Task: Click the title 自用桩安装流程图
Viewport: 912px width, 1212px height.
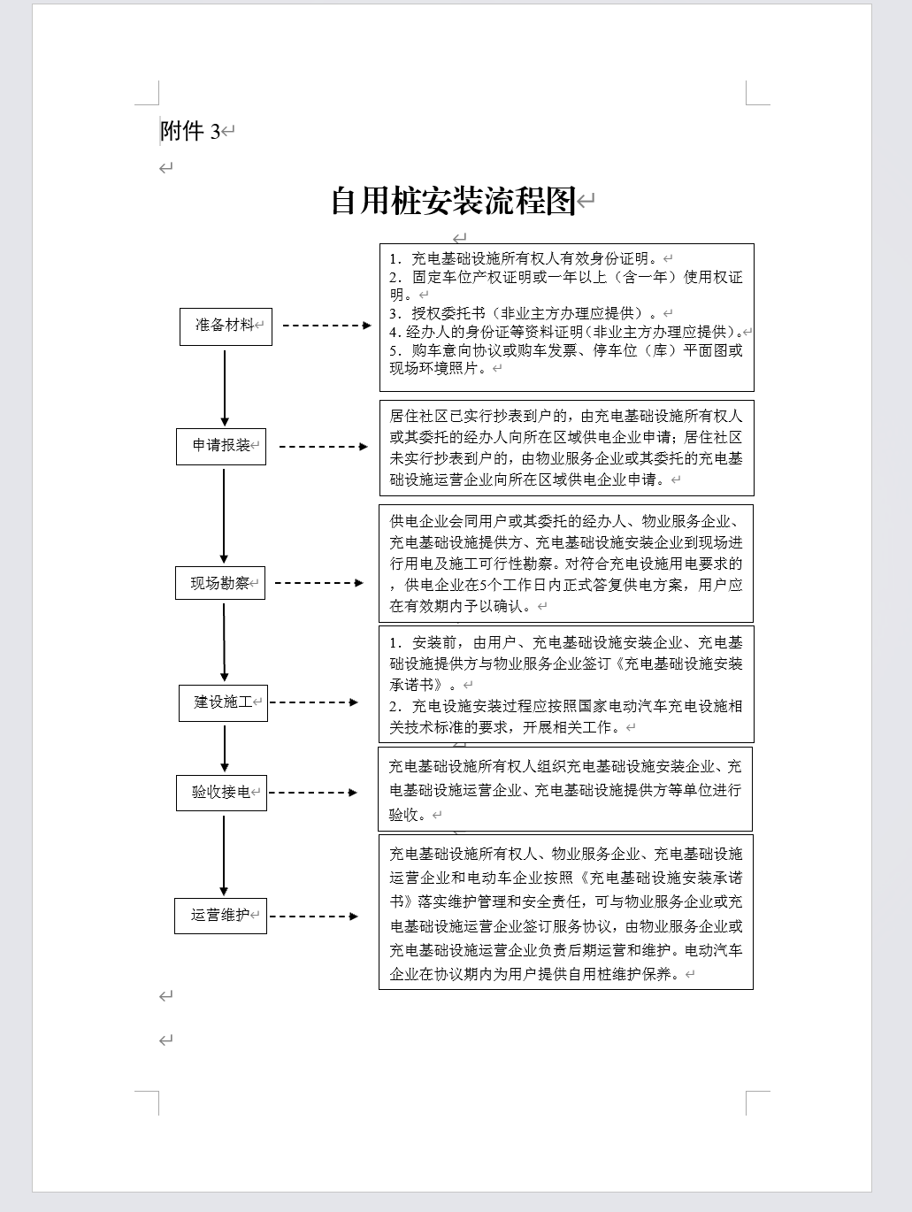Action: pyautogui.click(x=454, y=201)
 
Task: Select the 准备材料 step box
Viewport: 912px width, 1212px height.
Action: pyautogui.click(x=226, y=326)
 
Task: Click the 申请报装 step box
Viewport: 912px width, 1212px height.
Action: pyautogui.click(x=221, y=445)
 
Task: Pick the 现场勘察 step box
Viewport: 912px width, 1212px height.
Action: pyautogui.click(x=220, y=583)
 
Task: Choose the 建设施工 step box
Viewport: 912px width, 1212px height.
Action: pyautogui.click(x=223, y=702)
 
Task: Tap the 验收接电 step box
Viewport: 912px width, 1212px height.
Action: pyautogui.click(x=221, y=792)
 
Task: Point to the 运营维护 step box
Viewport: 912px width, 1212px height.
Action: pyautogui.click(x=220, y=915)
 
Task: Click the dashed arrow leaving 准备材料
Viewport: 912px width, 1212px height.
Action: pyautogui.click(x=326, y=326)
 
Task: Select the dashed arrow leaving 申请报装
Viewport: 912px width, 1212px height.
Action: pyautogui.click(x=323, y=446)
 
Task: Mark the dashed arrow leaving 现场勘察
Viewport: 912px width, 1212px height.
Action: pyautogui.click(x=318, y=583)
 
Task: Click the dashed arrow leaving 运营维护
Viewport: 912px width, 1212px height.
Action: pyautogui.click(x=313, y=916)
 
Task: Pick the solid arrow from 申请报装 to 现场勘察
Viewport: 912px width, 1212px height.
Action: pyautogui.click(x=224, y=516)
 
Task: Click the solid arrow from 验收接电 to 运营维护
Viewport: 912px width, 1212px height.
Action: pyautogui.click(x=224, y=855)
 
